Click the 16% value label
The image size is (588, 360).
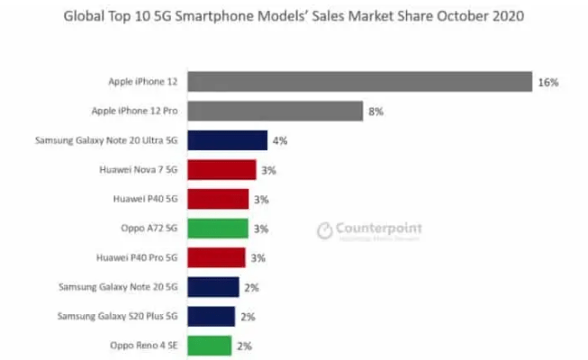coord(547,82)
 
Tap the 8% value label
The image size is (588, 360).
coord(375,112)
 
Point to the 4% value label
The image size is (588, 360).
coord(280,140)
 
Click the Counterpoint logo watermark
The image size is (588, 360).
coord(369,230)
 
